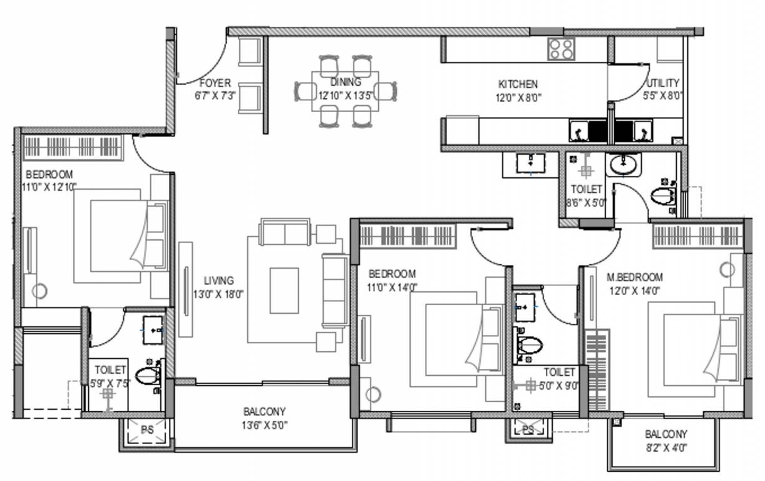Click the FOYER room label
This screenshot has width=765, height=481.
coord(215,83)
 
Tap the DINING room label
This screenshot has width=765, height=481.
coord(346,82)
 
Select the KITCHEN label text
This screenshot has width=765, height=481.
coord(518,84)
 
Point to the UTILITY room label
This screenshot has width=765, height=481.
coord(663,83)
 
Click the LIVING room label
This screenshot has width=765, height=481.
coord(219,281)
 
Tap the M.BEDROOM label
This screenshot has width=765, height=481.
coord(635,277)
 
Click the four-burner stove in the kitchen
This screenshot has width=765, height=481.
coord(561,49)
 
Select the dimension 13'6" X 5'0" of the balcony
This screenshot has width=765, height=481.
coord(265,425)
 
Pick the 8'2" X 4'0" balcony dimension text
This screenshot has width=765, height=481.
coord(666,448)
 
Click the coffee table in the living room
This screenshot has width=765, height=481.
coord(284,291)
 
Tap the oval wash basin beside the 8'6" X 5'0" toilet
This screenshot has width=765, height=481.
coord(624,165)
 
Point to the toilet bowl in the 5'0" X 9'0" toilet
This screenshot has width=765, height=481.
coord(529,346)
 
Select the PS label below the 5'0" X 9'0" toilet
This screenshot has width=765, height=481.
coord(528,430)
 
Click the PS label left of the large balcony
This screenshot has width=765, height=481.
coord(147,430)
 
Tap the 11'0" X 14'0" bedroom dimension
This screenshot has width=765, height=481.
coord(392,287)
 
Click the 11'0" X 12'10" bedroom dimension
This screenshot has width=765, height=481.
coord(49,187)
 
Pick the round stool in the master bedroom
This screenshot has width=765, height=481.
coord(727,269)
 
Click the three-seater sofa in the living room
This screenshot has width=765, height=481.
coord(335,291)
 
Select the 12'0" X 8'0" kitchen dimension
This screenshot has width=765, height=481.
coord(519,98)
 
